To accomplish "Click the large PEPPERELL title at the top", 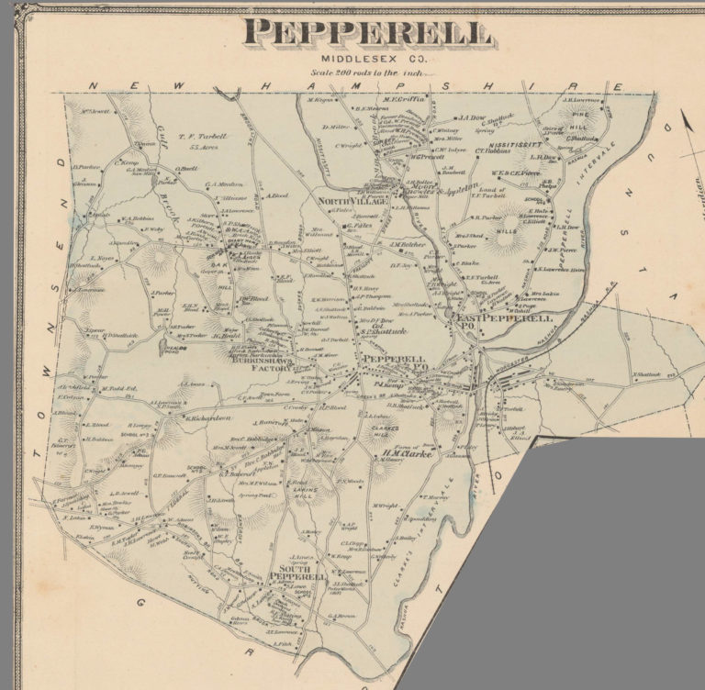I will (367, 34).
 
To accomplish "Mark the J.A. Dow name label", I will (472, 117).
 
